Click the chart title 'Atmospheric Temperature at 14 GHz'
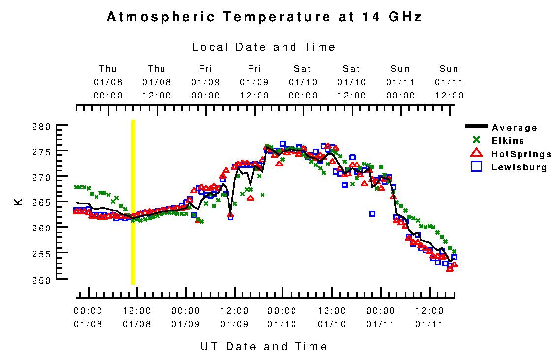(264, 17)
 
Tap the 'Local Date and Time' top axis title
(264, 47)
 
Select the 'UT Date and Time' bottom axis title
(264, 346)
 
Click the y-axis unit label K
(19, 202)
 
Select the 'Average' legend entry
(515, 128)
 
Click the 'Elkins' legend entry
(508, 141)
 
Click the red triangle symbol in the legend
(476, 153)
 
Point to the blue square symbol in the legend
(476, 166)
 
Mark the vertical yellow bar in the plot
(133, 202)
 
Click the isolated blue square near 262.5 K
(372, 213)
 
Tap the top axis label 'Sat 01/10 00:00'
(303, 82)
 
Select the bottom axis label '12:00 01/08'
(136, 317)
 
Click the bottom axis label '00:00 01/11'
(380, 317)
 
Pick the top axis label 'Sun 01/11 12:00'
(449, 82)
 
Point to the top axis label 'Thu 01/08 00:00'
(108, 82)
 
